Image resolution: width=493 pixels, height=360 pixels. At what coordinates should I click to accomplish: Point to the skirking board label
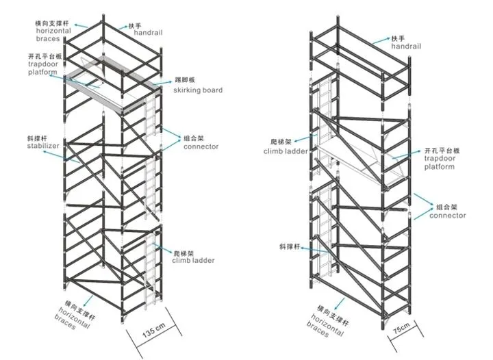198,90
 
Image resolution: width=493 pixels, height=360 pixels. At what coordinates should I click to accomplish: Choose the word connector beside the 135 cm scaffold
201,146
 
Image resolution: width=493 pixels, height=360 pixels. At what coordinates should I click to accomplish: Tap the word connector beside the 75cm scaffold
448,216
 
